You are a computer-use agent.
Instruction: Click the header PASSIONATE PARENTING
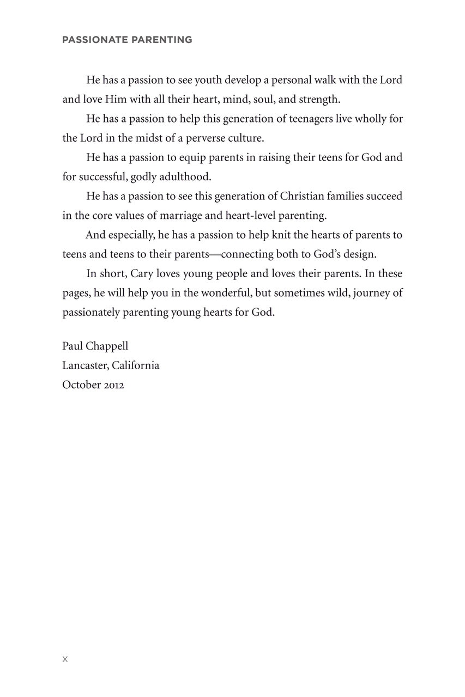point(127,40)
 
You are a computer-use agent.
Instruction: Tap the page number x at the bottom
point(65,659)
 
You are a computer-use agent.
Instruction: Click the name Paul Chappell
point(95,346)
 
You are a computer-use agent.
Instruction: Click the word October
point(80,385)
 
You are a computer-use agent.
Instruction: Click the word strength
point(319,100)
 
